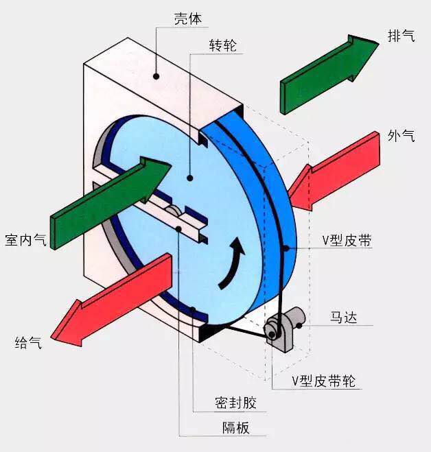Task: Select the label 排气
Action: (x=402, y=36)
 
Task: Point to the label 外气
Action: (x=401, y=136)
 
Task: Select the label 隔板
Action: (x=235, y=429)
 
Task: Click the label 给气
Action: (x=28, y=342)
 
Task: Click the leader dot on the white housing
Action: (x=156, y=76)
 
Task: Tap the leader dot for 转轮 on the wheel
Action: (x=190, y=178)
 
